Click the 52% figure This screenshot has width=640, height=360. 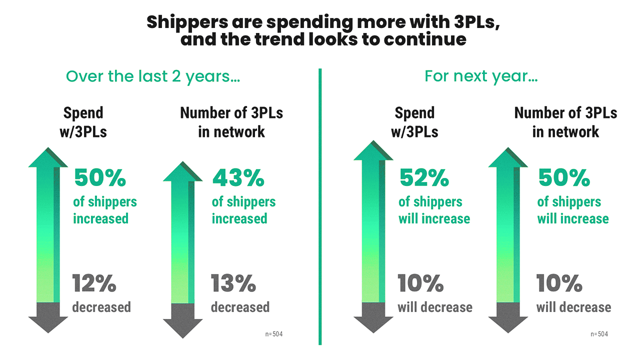pos(423,178)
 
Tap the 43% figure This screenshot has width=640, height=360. pos(238,178)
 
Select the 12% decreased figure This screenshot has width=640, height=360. pos(94,283)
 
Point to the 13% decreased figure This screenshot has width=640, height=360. pos(233,283)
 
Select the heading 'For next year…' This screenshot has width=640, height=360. pos(481,76)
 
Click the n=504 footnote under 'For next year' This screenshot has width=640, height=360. pos(598,333)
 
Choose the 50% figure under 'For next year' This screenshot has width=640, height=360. pos(563,178)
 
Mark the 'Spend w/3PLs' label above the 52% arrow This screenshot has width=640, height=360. pos(414,122)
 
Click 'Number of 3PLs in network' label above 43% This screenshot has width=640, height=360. pos(231,122)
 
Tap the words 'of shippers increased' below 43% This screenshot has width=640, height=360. pos(243,210)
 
